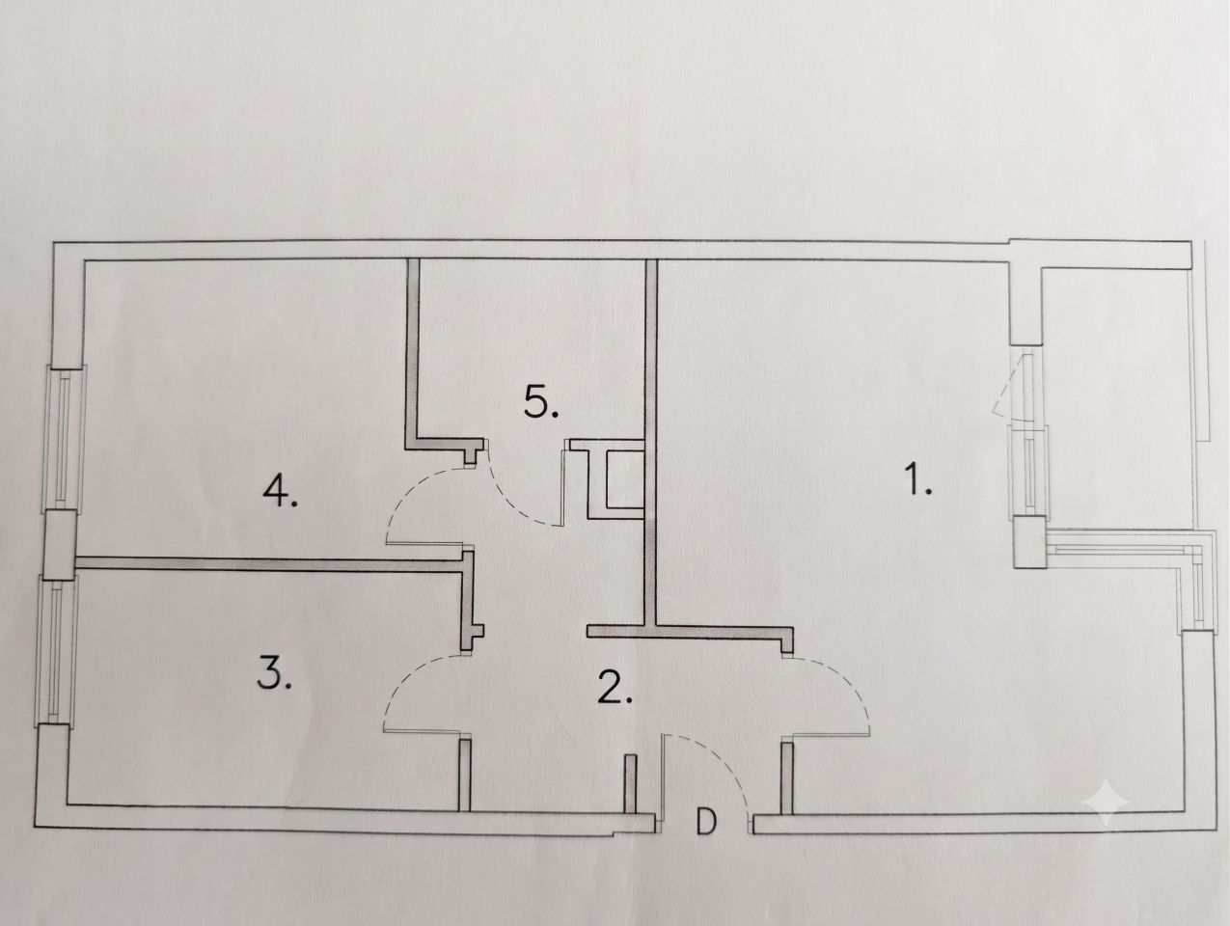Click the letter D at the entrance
point(706,823)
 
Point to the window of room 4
point(66,439)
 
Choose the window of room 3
point(56,651)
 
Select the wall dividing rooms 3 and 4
point(269,563)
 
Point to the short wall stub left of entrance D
point(631,784)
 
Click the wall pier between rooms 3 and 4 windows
point(60,544)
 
